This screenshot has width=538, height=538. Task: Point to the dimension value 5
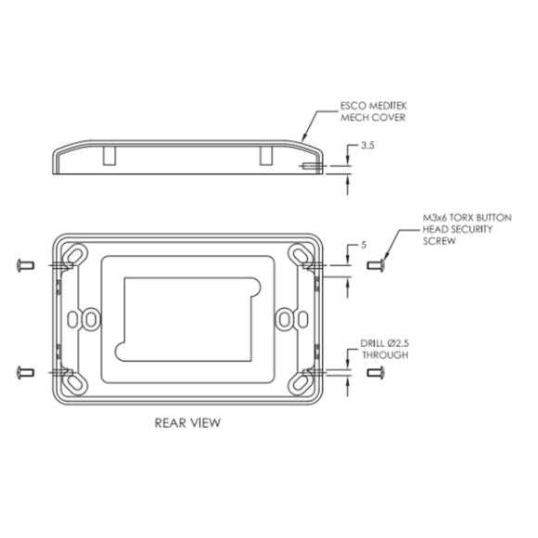(364, 246)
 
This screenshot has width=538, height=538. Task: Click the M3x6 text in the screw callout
(434, 217)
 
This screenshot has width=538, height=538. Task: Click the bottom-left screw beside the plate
(24, 372)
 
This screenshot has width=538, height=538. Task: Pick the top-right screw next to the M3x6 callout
(375, 266)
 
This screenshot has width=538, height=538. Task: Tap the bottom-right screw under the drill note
(375, 372)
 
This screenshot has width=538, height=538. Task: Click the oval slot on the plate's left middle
(88, 317)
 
